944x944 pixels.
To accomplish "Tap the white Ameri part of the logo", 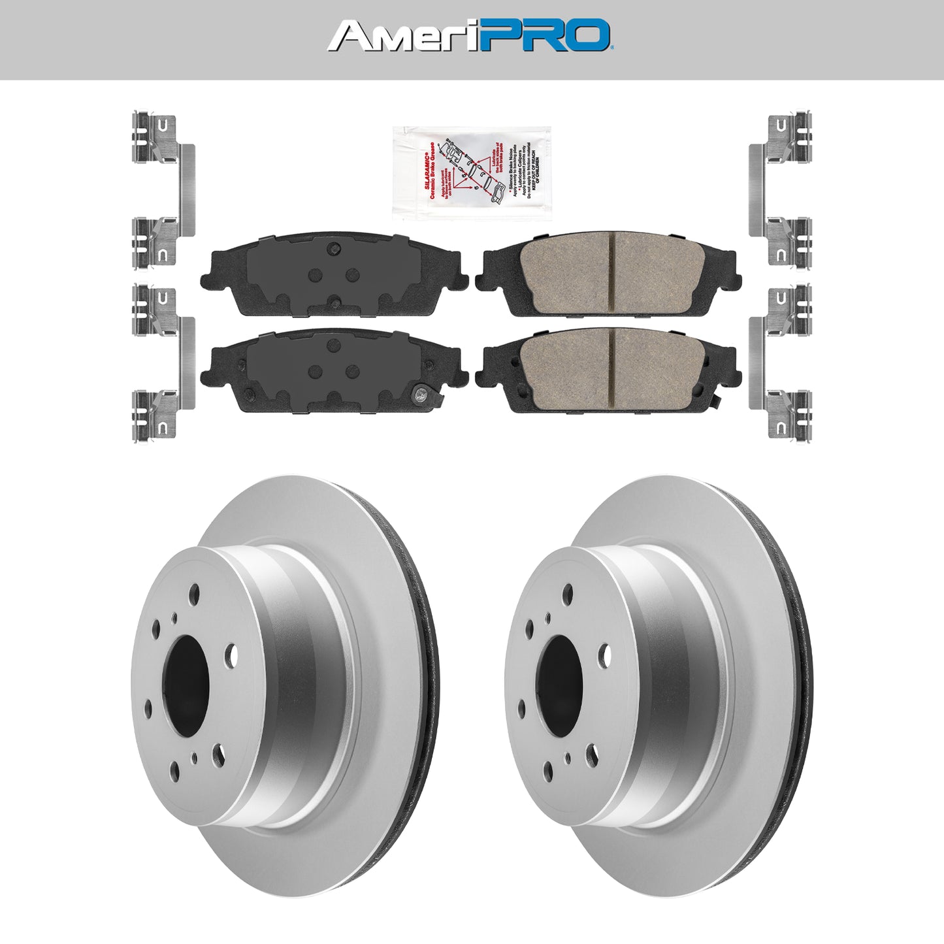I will (x=402, y=35).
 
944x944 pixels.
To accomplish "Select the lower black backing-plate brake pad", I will (x=336, y=370).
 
